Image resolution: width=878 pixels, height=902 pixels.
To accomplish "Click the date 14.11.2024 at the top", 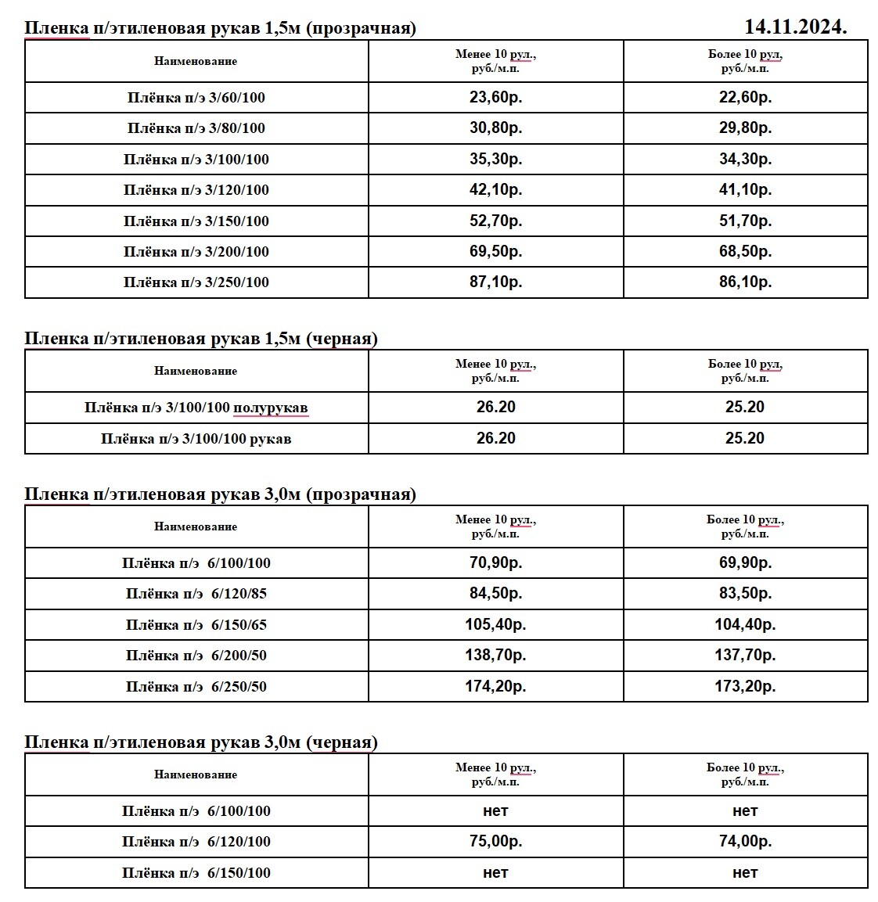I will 795,27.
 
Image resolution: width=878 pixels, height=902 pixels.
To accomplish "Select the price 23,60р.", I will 495,98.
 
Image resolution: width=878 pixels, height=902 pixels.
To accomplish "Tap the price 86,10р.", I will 745,282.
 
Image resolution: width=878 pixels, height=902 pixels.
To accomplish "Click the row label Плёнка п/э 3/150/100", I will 196,221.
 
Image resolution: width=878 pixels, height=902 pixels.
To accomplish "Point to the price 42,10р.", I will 495,190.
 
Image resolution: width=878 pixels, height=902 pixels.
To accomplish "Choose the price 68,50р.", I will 745,252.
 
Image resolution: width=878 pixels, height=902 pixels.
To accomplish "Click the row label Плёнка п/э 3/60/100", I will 196,98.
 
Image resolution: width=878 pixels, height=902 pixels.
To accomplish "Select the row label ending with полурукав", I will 196,408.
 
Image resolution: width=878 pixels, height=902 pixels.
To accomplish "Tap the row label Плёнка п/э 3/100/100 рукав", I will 196,439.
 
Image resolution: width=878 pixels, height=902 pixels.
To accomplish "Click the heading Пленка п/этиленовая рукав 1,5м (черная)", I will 201,339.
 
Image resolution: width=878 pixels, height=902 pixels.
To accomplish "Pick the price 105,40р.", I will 495,625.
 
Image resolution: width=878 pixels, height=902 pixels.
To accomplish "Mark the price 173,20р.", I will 745,687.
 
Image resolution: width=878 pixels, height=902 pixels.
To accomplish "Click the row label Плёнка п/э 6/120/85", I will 196,594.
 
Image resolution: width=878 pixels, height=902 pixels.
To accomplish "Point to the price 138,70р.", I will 495,656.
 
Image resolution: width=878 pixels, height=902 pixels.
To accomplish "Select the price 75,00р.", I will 495,842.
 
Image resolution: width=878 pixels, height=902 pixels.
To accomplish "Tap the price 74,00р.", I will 745,842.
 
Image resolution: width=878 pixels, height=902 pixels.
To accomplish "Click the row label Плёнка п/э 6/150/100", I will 196,873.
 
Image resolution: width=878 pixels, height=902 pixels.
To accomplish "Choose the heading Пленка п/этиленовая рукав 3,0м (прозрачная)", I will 220,494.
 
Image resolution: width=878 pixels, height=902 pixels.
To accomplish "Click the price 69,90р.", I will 745,563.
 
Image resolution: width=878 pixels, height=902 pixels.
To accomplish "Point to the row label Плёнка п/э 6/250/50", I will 196,687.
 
